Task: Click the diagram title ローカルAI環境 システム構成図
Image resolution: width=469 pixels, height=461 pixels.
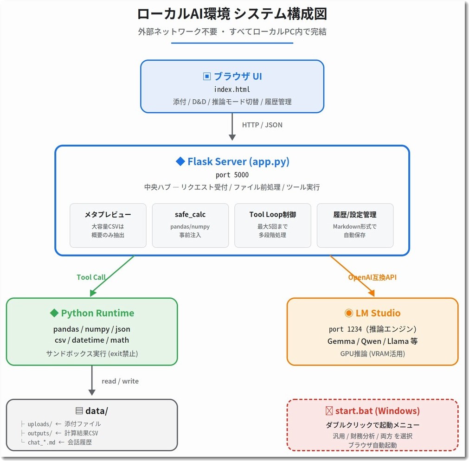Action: tap(232, 13)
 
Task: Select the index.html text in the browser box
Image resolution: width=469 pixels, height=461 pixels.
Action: tap(232, 89)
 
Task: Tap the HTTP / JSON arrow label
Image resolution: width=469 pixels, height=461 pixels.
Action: tap(262, 125)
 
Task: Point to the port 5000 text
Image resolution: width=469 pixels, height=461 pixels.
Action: tap(232, 175)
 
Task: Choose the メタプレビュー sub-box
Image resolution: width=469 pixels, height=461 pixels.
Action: tap(108, 225)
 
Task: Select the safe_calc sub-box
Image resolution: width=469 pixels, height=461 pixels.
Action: tap(190, 225)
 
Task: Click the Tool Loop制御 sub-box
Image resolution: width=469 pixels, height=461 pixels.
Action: tap(272, 225)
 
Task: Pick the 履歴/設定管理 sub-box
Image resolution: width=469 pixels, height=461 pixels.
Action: tap(355, 225)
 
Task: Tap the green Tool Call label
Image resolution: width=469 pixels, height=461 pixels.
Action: tap(91, 277)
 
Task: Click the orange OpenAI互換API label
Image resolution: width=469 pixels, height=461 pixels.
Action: tap(372, 277)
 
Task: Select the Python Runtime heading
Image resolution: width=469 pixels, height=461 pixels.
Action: tap(92, 313)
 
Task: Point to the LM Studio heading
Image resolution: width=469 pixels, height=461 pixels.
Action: tap(372, 313)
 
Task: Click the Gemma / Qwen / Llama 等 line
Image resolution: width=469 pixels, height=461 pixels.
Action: tap(372, 341)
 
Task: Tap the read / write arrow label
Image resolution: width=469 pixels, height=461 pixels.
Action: tap(120, 381)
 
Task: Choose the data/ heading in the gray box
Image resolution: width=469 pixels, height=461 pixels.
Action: tap(92, 411)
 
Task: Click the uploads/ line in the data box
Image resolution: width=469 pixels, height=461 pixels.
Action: tap(61, 424)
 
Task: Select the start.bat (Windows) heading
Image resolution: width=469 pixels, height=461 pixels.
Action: tap(373, 411)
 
